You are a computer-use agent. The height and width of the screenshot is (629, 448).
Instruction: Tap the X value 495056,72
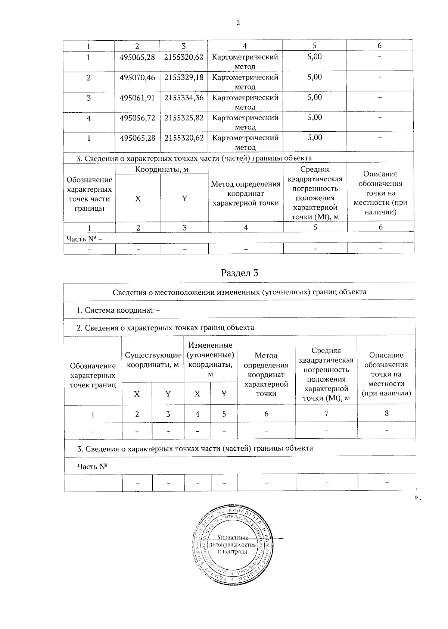pos(137,118)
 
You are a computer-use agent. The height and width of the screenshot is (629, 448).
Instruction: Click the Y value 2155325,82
pos(184,118)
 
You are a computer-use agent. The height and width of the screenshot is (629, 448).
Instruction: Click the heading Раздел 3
pos(240,273)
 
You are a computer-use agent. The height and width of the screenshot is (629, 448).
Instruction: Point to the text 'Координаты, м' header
pos(161,169)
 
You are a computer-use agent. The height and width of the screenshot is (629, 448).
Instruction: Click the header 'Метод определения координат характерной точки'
pos(246,193)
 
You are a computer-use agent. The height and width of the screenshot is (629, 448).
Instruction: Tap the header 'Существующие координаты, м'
pos(153,360)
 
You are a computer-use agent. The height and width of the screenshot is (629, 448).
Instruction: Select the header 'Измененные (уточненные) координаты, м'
pos(210,359)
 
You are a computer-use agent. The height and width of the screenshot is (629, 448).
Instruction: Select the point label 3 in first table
pos(88,98)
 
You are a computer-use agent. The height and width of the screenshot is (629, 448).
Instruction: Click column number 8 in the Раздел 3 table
pos(386,413)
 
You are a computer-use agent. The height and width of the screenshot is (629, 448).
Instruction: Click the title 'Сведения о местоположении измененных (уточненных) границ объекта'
pos(239,292)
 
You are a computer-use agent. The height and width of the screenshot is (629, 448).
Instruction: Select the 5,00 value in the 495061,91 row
pos(314,97)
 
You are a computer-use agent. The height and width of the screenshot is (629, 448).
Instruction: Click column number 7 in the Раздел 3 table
pos(326,413)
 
